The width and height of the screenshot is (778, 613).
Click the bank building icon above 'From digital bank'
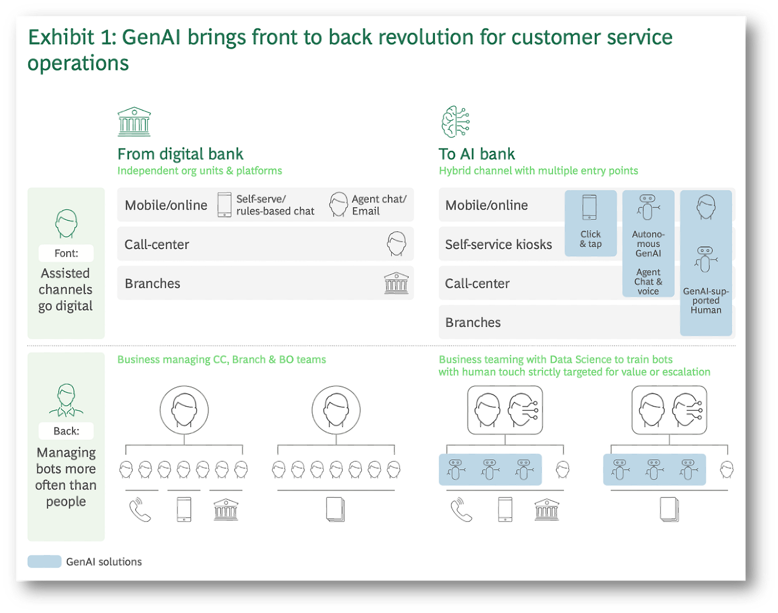[134, 121]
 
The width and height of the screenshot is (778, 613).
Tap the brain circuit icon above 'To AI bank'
[455, 122]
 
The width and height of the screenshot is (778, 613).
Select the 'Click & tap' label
[590, 239]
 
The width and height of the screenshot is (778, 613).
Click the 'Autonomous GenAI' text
[648, 244]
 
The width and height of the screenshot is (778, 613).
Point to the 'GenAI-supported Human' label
[705, 300]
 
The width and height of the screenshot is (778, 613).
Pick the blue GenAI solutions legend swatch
[44, 561]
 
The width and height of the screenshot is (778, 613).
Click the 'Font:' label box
[66, 253]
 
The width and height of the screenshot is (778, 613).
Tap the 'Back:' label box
[66, 431]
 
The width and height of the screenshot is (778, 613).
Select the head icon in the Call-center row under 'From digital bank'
[396, 244]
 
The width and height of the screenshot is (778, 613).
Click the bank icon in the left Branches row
[396, 283]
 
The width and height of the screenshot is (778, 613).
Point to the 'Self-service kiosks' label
[499, 244]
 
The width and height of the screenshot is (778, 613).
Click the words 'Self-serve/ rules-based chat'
[275, 205]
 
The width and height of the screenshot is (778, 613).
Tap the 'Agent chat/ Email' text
[379, 205]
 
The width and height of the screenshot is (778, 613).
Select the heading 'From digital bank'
[180, 154]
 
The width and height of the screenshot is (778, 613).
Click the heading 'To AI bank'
[477, 154]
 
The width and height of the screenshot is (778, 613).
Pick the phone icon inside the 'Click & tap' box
[589, 207]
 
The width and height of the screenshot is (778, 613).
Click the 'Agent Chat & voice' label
[648, 282]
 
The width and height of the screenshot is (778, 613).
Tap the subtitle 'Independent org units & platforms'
[199, 170]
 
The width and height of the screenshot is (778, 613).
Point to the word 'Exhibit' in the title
[62, 37]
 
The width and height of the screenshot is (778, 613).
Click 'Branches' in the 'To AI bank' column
[473, 322]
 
